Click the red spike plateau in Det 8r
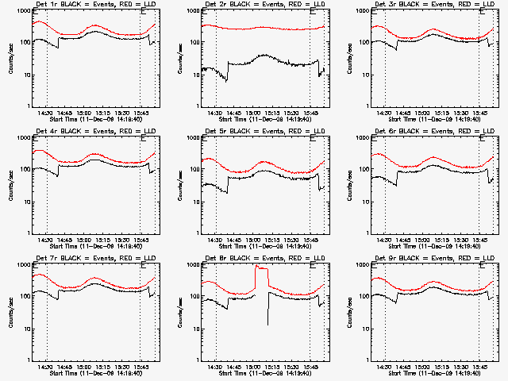pyautogui.click(x=261, y=269)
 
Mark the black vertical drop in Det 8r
pyautogui.click(x=268, y=310)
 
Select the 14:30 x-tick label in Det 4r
pyautogui.click(x=47, y=239)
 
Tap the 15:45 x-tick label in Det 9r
pyautogui.click(x=479, y=366)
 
